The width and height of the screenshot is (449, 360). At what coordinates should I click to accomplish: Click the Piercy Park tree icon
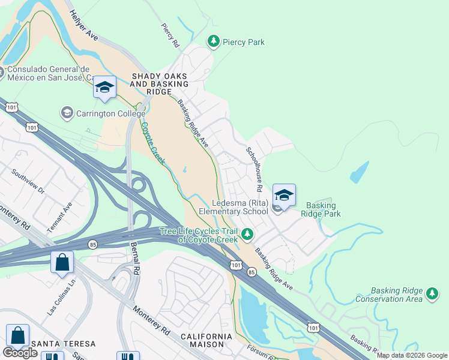pyautogui.click(x=212, y=41)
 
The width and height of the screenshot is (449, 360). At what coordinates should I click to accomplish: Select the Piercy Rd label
pyautogui.click(x=170, y=35)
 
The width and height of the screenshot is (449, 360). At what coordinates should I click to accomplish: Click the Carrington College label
pyautogui.click(x=111, y=113)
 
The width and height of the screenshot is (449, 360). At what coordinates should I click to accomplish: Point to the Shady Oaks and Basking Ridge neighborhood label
pyautogui.click(x=160, y=85)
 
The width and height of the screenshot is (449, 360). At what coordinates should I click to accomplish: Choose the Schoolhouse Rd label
pyautogui.click(x=255, y=169)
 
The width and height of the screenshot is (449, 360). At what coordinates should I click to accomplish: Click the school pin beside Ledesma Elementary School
pyautogui.click(x=284, y=196)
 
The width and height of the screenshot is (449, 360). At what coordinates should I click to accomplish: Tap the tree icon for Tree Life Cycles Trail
pyautogui.click(x=247, y=233)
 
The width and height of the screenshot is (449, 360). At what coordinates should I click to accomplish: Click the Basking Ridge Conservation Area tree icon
pyautogui.click(x=432, y=293)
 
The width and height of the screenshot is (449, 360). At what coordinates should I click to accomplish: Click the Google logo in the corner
pyautogui.click(x=20, y=353)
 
